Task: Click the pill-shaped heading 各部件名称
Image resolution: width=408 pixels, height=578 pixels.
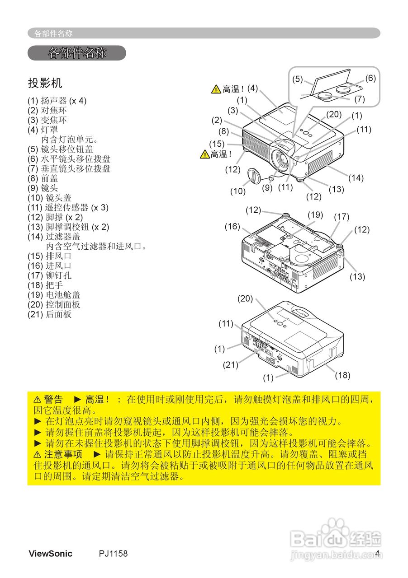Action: (77, 53)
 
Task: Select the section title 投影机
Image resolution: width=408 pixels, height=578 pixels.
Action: (45, 83)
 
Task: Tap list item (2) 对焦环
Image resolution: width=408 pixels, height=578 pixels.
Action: (47, 110)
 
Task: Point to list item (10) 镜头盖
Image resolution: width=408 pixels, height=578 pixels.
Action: (49, 198)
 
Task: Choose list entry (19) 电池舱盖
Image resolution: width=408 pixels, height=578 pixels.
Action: (54, 295)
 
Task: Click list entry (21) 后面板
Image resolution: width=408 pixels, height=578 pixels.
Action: (49, 315)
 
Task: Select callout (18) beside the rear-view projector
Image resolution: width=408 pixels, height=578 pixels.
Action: (342, 375)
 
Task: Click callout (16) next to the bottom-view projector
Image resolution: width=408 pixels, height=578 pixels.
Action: (232, 227)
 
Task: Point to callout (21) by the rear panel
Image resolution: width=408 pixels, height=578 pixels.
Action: (230, 365)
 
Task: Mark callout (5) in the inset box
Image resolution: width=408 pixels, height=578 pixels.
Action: (297, 79)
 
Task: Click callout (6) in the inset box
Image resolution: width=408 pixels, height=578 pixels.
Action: (370, 78)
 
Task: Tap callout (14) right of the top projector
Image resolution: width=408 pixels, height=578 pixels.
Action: (356, 177)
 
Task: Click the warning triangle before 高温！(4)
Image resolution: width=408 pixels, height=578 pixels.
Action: (216, 89)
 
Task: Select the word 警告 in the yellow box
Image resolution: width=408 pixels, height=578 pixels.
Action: (53, 400)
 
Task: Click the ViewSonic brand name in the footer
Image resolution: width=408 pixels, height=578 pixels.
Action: (50, 554)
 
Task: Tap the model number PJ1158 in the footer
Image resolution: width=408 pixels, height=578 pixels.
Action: (113, 554)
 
